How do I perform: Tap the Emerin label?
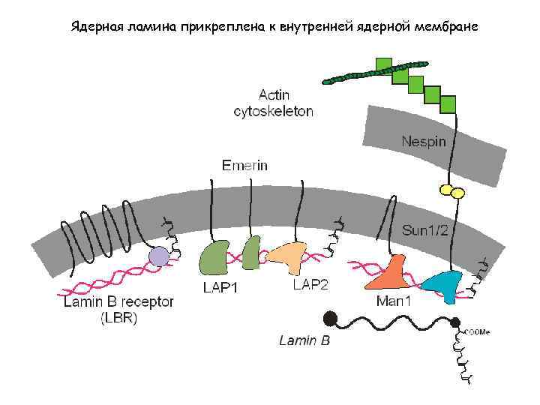tap(244, 165)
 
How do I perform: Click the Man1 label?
tap(394, 301)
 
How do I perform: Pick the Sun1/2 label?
tap(425, 229)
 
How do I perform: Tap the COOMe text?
tap(478, 331)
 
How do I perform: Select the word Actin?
tap(274, 95)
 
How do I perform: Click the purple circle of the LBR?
tap(158, 258)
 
